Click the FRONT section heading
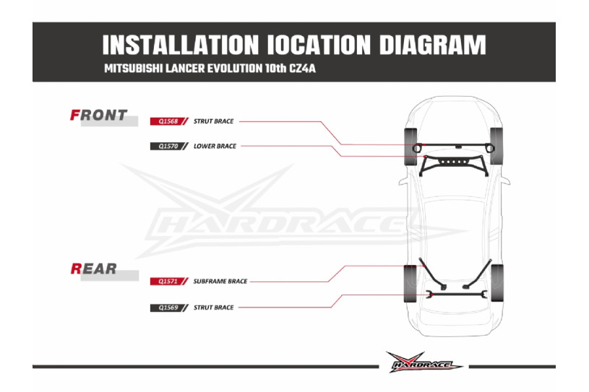98,115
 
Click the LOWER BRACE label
215,146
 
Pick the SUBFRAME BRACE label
220,282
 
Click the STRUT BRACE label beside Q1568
213,121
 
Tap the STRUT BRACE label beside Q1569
213,308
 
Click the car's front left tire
411,147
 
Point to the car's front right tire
496,147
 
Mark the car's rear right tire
496,284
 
